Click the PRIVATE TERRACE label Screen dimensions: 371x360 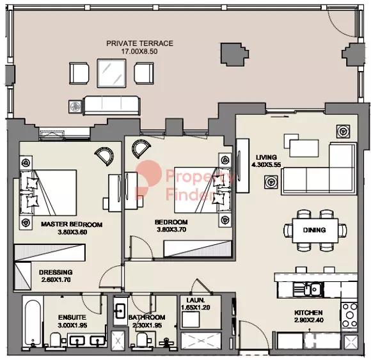coord(139,43)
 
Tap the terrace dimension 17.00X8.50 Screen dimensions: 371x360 coord(139,51)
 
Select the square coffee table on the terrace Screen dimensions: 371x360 coord(111,73)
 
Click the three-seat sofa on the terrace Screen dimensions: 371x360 coord(112,106)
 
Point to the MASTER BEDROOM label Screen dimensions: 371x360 coord(72,224)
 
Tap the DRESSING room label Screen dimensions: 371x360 coord(56,272)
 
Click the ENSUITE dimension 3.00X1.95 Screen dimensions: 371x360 coord(72,325)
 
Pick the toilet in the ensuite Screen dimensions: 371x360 coord(56,340)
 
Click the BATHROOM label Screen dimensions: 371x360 coord(146,317)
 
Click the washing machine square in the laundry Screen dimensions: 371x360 coord(191,319)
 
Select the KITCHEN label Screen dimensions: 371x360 coord(308,313)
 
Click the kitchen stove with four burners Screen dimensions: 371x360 coord(349,315)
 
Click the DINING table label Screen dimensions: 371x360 coord(314,230)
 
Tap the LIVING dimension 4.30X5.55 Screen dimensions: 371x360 coord(266,164)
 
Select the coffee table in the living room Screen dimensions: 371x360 coord(304,148)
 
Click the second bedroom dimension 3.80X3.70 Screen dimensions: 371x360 coord(171,229)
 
